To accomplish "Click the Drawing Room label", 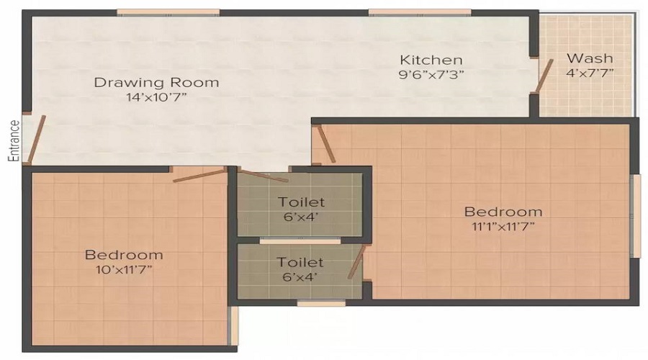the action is (x=156, y=82).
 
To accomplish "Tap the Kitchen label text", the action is (x=431, y=60).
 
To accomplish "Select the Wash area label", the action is (x=590, y=58).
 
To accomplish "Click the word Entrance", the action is (x=14, y=140).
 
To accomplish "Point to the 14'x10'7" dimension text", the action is (x=157, y=97).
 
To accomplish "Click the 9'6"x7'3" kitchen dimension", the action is (x=431, y=75).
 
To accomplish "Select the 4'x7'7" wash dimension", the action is (x=590, y=73).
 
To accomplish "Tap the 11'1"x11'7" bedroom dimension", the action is (x=503, y=227).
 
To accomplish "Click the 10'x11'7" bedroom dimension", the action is (x=124, y=270).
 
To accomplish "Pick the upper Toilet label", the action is (x=301, y=202).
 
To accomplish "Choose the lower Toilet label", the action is (x=300, y=262).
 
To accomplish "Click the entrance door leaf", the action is (x=36, y=139).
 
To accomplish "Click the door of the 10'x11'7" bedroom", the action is (x=199, y=176).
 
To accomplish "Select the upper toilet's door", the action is (x=264, y=176).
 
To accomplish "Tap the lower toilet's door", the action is (x=357, y=261).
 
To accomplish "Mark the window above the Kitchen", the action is (x=420, y=12).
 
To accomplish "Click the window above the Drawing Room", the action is (x=168, y=12).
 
